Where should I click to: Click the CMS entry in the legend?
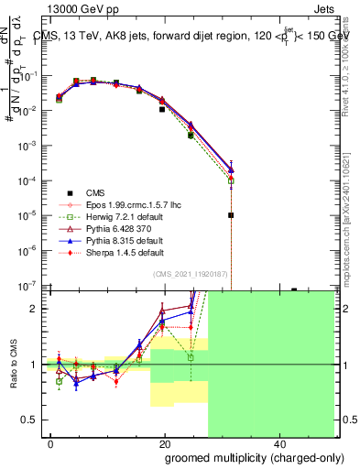pos(94,192)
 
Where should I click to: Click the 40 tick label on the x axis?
pos(278,444)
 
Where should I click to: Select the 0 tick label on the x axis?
pos(51,444)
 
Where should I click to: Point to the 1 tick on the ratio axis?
pos(42,365)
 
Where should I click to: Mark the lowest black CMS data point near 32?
pos(231,215)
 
